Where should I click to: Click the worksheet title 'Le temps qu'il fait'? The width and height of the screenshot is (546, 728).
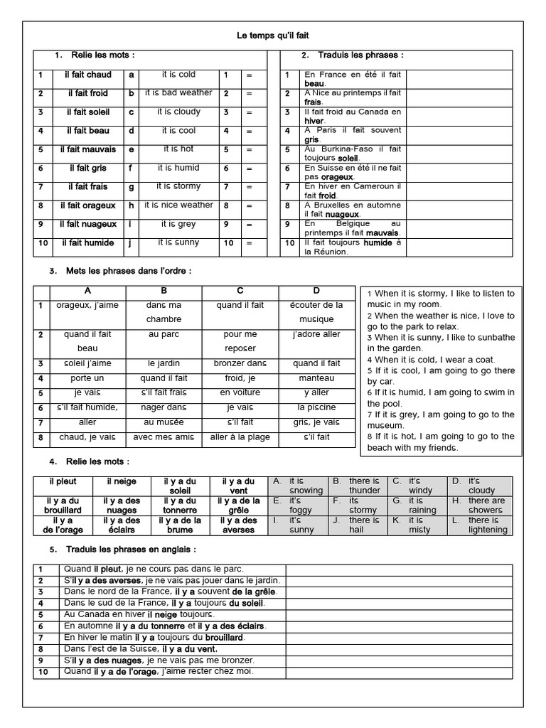tap(273, 35)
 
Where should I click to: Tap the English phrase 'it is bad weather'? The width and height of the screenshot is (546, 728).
tap(178, 93)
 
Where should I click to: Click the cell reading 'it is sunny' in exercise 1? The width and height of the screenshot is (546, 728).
tap(178, 242)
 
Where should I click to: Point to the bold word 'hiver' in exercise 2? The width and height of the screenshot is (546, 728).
tap(314, 121)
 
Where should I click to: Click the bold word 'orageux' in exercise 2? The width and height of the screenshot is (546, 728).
tap(337, 176)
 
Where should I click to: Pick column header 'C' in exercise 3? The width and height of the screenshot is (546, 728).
tap(240, 291)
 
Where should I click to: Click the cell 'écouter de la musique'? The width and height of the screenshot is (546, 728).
tap(316, 312)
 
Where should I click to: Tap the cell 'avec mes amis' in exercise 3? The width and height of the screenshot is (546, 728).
tap(163, 437)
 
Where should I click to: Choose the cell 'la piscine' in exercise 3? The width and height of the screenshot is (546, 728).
tap(316, 407)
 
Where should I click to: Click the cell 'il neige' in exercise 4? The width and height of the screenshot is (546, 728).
tap(122, 481)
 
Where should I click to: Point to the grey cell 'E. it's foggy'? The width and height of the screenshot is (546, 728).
tap(299, 505)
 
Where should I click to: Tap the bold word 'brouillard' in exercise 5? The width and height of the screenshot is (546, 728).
tap(225, 638)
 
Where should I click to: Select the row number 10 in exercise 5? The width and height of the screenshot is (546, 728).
tap(43, 672)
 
